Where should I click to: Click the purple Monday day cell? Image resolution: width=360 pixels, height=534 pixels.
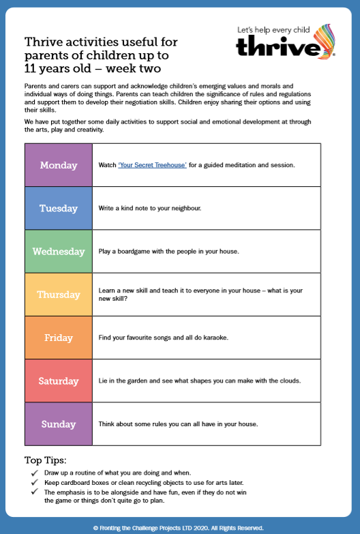pyautogui.click(x=58, y=165)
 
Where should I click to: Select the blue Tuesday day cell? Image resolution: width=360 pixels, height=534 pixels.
pyautogui.click(x=58, y=208)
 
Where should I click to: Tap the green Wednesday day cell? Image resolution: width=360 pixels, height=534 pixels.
pyautogui.click(x=58, y=251)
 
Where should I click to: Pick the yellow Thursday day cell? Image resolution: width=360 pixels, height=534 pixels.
pyautogui.click(x=58, y=295)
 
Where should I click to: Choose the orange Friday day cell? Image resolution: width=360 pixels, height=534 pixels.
pyautogui.click(x=58, y=338)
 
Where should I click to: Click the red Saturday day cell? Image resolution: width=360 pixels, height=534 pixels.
pyautogui.click(x=58, y=381)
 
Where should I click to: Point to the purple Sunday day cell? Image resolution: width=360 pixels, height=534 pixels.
pyautogui.click(x=58, y=424)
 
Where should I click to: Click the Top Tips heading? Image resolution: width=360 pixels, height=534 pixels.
pyautogui.click(x=45, y=460)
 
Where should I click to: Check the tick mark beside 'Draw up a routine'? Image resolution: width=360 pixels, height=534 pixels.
pyautogui.click(x=35, y=473)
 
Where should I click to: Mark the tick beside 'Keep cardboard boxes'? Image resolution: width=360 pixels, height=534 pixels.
pyautogui.click(x=35, y=481)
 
